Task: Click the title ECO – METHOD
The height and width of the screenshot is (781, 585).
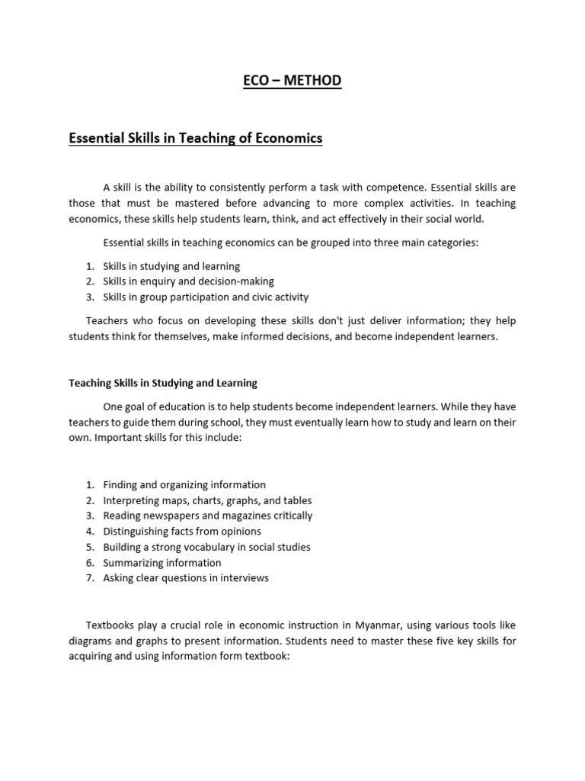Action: pos(292,81)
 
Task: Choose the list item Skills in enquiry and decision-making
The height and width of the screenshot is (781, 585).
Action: pos(188,281)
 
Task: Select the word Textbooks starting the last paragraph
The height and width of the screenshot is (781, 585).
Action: pos(110,625)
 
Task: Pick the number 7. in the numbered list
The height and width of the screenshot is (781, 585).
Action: pos(90,578)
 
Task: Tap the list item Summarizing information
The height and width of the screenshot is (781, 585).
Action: pos(162,563)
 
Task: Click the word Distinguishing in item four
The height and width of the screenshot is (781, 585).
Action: pos(136,532)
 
